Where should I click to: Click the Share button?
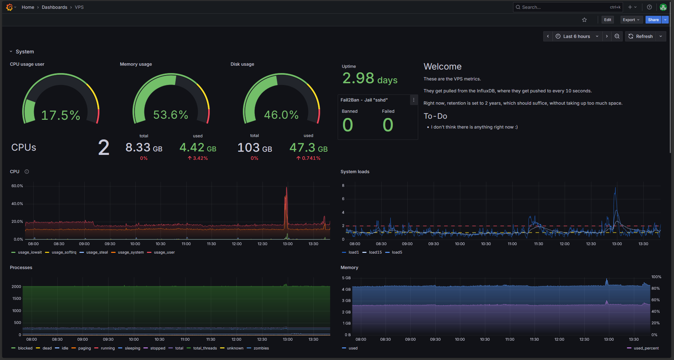(x=653, y=20)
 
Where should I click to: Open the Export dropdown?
(x=631, y=20)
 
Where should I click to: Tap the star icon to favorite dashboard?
(x=584, y=20)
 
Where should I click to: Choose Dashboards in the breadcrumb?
(x=54, y=7)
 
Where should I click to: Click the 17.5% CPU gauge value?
(x=61, y=115)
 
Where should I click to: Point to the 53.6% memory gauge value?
(x=171, y=115)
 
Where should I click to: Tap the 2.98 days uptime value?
(x=370, y=78)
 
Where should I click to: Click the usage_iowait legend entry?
(x=27, y=252)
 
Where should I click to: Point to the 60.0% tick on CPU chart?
(x=17, y=186)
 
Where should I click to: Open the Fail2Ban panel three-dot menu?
(x=414, y=100)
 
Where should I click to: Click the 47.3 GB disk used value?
(x=309, y=148)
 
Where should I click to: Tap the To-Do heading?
(x=435, y=116)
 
